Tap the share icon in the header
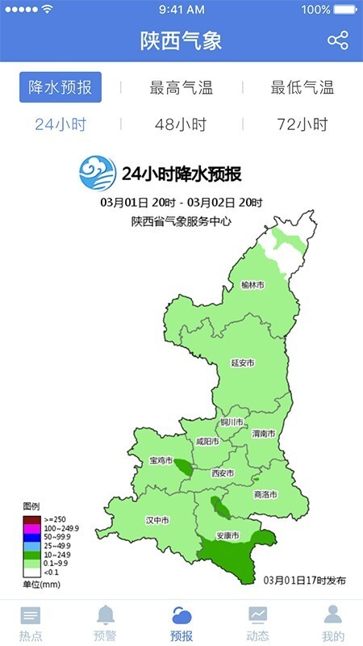(x=337, y=40)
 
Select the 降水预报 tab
(x=60, y=87)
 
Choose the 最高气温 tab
(x=181, y=88)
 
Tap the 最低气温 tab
(x=302, y=88)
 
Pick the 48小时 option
(x=181, y=124)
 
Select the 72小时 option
(x=302, y=124)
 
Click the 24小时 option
(x=60, y=124)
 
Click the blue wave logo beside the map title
(x=98, y=172)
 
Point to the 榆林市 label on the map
(x=252, y=285)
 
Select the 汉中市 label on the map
(x=156, y=520)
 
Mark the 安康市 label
(x=227, y=535)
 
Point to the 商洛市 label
(x=265, y=494)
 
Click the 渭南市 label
(x=263, y=434)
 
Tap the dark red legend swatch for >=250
(x=31, y=518)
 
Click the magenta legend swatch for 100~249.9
(x=31, y=527)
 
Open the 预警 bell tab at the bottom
(x=106, y=623)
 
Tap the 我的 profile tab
(x=332, y=623)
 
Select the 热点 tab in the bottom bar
(x=31, y=623)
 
